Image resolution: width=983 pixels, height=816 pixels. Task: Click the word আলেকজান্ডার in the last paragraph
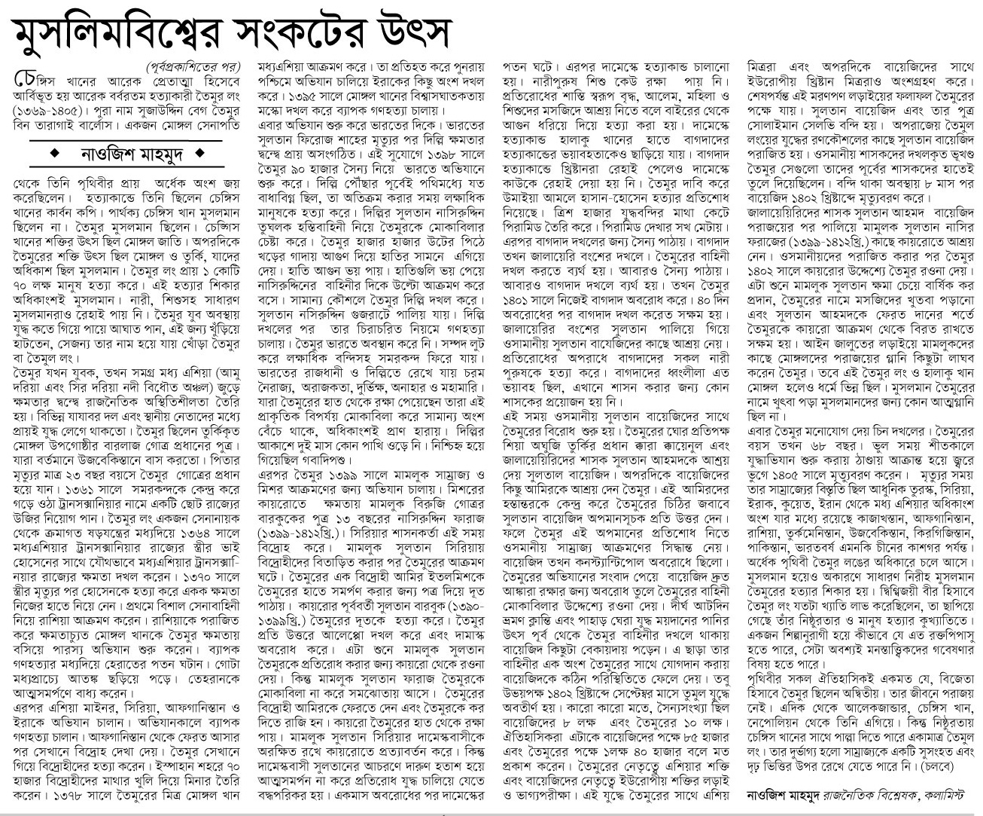coord(873,704)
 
